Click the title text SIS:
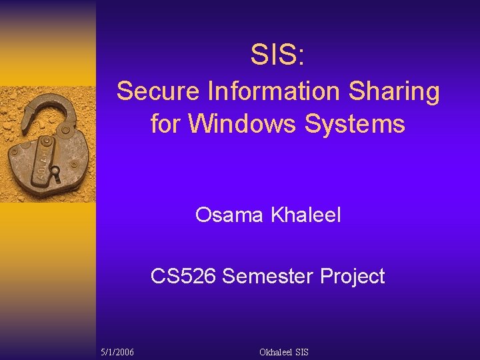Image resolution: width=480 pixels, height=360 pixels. click(x=278, y=55)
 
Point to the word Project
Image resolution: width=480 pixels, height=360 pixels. click(x=352, y=276)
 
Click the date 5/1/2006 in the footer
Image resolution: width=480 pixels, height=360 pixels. click(x=117, y=351)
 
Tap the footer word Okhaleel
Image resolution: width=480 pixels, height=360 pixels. click(x=276, y=351)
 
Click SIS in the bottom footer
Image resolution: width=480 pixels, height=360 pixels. click(x=301, y=351)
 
